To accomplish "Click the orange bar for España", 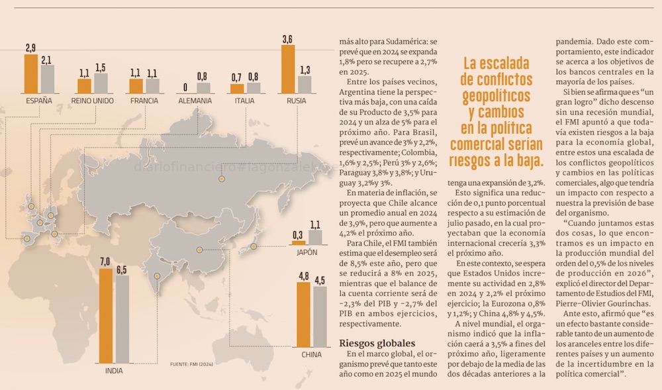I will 30,73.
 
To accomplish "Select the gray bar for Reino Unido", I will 101,83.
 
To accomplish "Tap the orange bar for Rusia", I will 287,70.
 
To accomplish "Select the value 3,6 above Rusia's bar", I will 287,39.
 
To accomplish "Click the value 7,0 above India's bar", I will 105,262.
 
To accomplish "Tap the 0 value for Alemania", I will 185,87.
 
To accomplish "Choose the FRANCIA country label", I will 144,101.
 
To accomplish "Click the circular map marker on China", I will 201,250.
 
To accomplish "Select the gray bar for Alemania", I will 203,87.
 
